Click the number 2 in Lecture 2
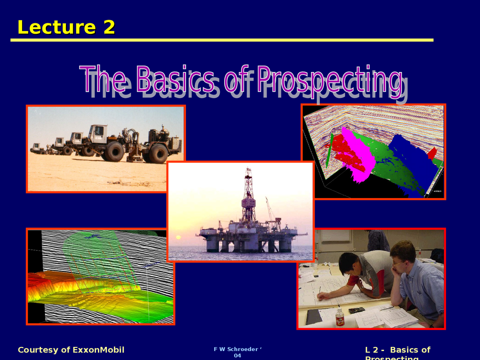[109, 27]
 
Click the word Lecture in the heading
[57, 27]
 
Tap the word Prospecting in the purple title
[330, 79]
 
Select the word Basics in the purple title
[175, 79]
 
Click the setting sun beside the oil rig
[178, 237]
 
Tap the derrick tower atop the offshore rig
[248, 195]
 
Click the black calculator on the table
[356, 310]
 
